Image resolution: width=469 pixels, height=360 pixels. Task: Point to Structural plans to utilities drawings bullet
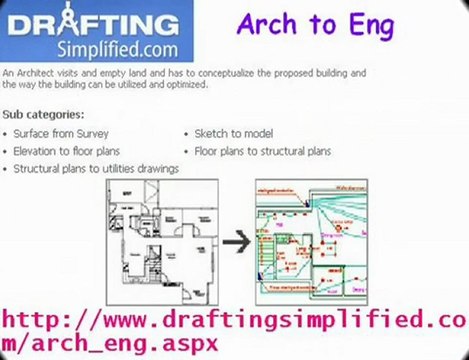[96, 169]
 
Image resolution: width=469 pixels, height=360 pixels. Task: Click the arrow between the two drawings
[233, 240]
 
